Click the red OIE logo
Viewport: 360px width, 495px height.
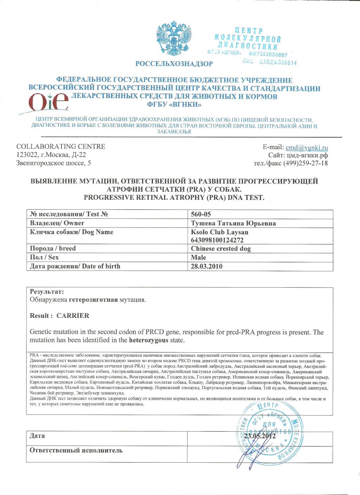point(49,102)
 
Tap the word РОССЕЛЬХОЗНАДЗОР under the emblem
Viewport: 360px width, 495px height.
point(174,64)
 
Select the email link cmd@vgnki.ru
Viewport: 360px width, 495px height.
point(307,147)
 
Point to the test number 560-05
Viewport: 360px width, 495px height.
point(201,214)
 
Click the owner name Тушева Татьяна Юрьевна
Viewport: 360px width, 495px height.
point(233,223)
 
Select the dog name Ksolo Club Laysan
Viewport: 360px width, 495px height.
point(219,232)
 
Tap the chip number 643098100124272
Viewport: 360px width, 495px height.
point(217,240)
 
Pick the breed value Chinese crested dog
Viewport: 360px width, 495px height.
point(221,249)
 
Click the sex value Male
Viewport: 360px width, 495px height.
point(198,257)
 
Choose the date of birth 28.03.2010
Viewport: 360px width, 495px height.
point(206,266)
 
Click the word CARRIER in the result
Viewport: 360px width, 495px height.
point(73,315)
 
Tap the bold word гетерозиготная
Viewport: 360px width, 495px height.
point(93,300)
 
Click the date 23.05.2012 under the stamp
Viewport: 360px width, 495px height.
point(260,436)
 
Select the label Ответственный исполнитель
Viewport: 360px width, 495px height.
point(76,450)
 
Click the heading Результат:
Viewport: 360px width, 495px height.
point(47,291)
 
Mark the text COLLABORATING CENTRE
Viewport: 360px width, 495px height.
point(61,146)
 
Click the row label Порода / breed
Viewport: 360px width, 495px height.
point(53,249)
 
